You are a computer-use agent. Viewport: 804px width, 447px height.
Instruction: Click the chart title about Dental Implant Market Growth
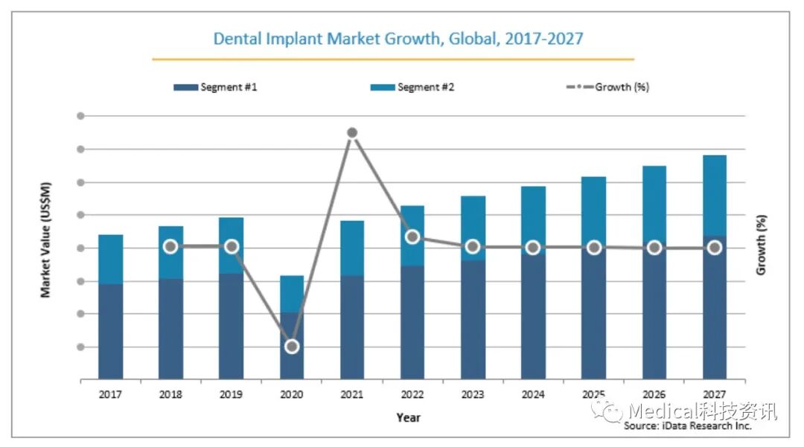(398, 38)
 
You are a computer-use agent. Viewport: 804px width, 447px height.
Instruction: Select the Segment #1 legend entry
(216, 87)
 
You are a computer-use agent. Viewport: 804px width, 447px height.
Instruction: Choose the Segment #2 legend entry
(412, 87)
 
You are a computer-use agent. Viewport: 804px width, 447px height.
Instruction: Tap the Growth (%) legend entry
(607, 87)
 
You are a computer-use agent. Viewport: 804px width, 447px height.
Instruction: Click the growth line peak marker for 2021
(352, 133)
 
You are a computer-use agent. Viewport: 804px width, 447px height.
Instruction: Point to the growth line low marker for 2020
(292, 347)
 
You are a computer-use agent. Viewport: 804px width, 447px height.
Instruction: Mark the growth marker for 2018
(170, 247)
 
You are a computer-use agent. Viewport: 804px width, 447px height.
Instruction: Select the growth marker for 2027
(714, 248)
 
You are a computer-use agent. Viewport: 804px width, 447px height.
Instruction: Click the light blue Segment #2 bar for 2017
(111, 259)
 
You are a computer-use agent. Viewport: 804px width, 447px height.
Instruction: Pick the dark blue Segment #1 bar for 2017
(111, 331)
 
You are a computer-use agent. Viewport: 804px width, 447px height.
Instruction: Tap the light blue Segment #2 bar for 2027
(714, 193)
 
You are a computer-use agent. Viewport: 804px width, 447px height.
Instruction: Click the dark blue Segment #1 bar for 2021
(352, 327)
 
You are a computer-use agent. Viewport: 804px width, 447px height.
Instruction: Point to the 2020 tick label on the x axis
(292, 394)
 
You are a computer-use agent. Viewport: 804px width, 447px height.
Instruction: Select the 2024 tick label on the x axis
(533, 394)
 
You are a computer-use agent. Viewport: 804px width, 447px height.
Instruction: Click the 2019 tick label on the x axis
(232, 394)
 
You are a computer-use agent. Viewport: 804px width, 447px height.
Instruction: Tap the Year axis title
(408, 417)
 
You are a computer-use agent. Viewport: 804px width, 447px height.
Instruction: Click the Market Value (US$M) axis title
(46, 239)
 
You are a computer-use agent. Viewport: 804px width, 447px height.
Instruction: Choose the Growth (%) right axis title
(761, 245)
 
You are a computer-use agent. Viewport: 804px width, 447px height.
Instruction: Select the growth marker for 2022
(412, 237)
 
